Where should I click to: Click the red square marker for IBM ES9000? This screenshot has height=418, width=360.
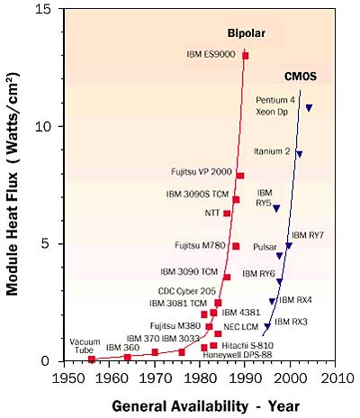tap(246, 56)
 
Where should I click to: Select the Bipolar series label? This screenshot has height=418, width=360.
tap(247, 33)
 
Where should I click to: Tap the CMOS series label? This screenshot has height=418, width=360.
tap(301, 77)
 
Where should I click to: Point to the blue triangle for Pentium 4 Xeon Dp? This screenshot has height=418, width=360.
tap(309, 107)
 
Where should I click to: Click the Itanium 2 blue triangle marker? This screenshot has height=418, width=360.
tap(299, 154)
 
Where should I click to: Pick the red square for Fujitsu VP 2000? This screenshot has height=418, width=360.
tap(240, 176)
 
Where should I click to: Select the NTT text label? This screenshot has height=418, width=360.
tap(212, 213)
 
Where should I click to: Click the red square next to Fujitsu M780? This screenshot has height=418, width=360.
tap(236, 246)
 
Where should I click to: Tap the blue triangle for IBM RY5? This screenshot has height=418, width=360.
tap(276, 208)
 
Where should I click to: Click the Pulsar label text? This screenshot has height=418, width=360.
tap(265, 247)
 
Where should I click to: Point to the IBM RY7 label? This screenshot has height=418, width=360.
tap(308, 235)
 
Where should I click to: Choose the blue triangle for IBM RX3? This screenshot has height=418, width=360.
tap(267, 326)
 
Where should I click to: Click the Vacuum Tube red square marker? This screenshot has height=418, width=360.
tap(92, 359)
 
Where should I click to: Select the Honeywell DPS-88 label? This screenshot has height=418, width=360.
tap(238, 355)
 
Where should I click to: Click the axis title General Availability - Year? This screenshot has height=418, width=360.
tap(206, 406)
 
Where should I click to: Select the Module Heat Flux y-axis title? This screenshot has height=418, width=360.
tap(13, 184)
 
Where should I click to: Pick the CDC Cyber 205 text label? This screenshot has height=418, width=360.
tap(187, 291)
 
